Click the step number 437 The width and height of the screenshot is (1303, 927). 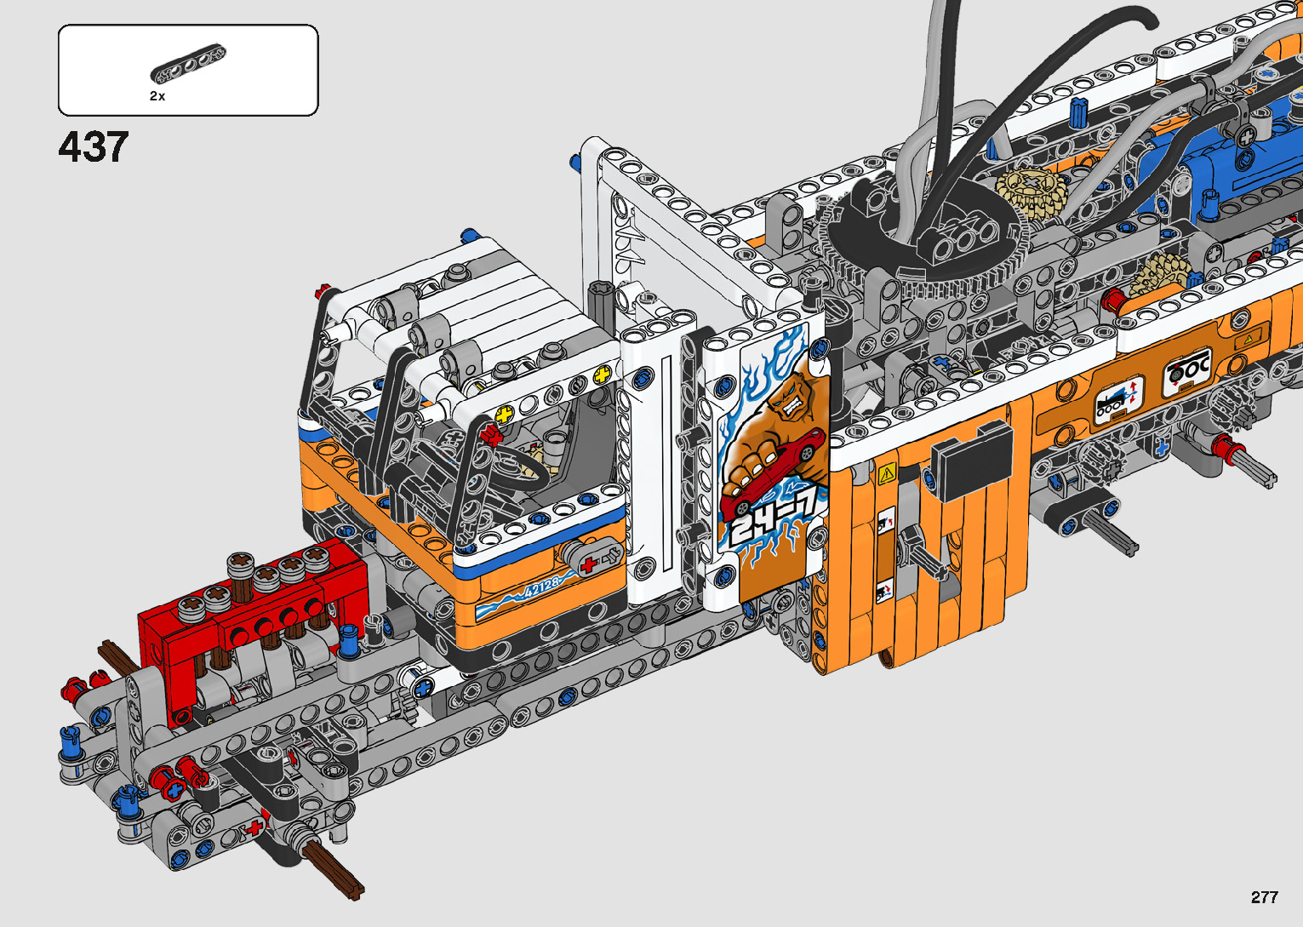[93, 146]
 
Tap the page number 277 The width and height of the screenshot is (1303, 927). [1264, 896]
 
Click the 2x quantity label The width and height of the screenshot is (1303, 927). [157, 96]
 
